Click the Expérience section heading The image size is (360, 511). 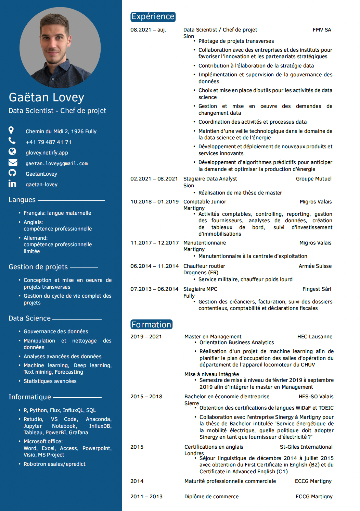pos(153,17)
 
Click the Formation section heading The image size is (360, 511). pos(151,325)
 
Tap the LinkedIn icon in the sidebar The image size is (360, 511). pos(12,184)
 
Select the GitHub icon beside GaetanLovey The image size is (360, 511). pos(12,173)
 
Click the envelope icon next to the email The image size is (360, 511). pos(13,162)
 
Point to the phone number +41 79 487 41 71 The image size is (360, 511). pos(49,142)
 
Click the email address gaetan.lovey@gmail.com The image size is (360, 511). pos(56,164)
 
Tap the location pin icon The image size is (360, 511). pos(11,130)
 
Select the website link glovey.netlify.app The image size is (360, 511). pos(47,153)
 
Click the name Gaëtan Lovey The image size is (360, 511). pos(47,98)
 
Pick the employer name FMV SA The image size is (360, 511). pos(322,30)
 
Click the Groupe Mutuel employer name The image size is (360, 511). pos(313,179)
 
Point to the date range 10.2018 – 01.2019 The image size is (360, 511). pos(154,202)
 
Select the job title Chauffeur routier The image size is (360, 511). pos(204,266)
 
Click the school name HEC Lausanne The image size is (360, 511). pos(314,337)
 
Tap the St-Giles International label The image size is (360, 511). pos(306,447)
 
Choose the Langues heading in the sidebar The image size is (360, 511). pos(22,200)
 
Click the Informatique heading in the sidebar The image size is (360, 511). pos(30,397)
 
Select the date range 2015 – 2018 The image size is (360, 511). pos(146,397)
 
